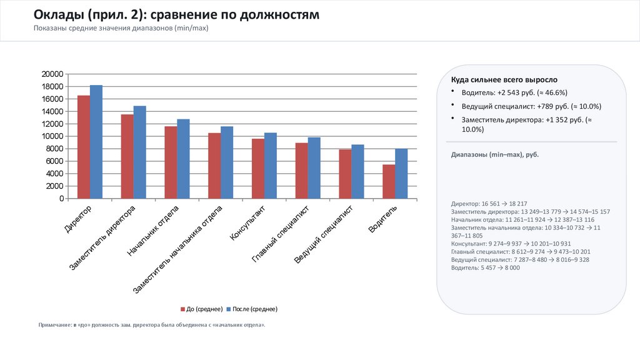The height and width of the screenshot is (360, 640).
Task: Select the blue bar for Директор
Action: click(96, 142)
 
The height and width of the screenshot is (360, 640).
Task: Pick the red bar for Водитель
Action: click(389, 181)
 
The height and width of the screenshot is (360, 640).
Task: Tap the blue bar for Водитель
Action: click(401, 174)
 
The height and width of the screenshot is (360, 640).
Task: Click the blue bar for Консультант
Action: click(271, 166)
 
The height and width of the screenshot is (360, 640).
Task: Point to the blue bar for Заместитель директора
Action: click(140, 152)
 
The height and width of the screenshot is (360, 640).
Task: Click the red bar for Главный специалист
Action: click(301, 171)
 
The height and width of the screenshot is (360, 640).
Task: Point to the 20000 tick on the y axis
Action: click(52, 74)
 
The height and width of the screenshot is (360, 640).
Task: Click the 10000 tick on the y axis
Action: click(52, 136)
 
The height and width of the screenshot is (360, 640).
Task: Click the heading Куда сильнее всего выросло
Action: click(504, 80)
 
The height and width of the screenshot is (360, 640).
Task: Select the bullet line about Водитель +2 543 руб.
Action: click(514, 93)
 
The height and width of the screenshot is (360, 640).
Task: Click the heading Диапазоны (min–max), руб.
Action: click(494, 154)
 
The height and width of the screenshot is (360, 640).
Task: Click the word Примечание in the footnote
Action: click(54, 326)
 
